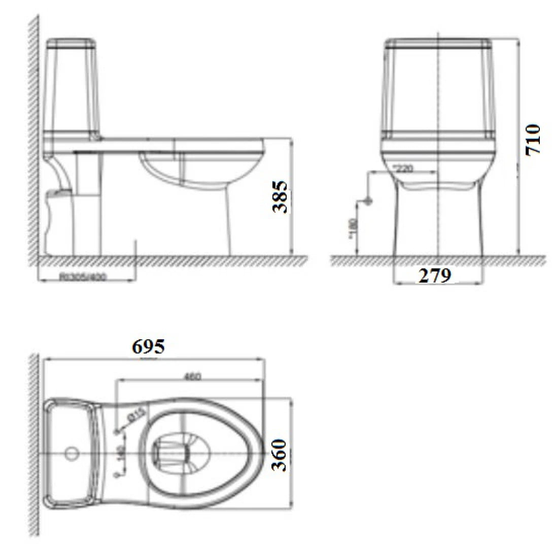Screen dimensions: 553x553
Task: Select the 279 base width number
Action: pos(434,275)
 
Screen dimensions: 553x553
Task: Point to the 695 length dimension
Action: pos(148,347)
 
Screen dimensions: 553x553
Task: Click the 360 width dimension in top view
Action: pos(280,455)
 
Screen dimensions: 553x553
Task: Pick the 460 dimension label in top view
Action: pos(192,376)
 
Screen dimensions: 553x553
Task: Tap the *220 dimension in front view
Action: pos(402,168)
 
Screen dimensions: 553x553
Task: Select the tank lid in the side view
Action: pos(71,42)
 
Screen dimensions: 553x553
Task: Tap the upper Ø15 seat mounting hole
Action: pos(119,431)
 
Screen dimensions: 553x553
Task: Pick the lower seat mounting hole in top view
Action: pos(119,474)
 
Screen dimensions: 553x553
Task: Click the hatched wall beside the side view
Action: pos(34,137)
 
